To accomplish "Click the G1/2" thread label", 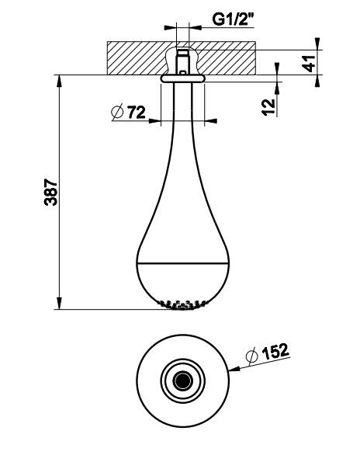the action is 233,19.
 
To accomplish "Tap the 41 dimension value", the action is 310,63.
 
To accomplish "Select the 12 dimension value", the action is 268,107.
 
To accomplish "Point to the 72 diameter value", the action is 137,112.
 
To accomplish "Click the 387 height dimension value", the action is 50,193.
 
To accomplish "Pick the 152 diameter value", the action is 275,351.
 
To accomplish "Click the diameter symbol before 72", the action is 117,112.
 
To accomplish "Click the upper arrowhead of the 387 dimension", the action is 59,81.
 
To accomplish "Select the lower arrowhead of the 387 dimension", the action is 59,304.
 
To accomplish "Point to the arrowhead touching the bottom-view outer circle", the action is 234,369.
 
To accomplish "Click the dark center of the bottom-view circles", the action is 182,380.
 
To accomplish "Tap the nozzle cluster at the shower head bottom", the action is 182,304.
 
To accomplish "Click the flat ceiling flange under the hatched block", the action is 182,78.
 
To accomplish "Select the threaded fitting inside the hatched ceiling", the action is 182,62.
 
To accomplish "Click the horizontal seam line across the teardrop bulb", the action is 182,263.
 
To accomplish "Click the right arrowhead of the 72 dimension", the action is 211,120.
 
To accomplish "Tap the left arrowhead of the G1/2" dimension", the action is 170,28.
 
